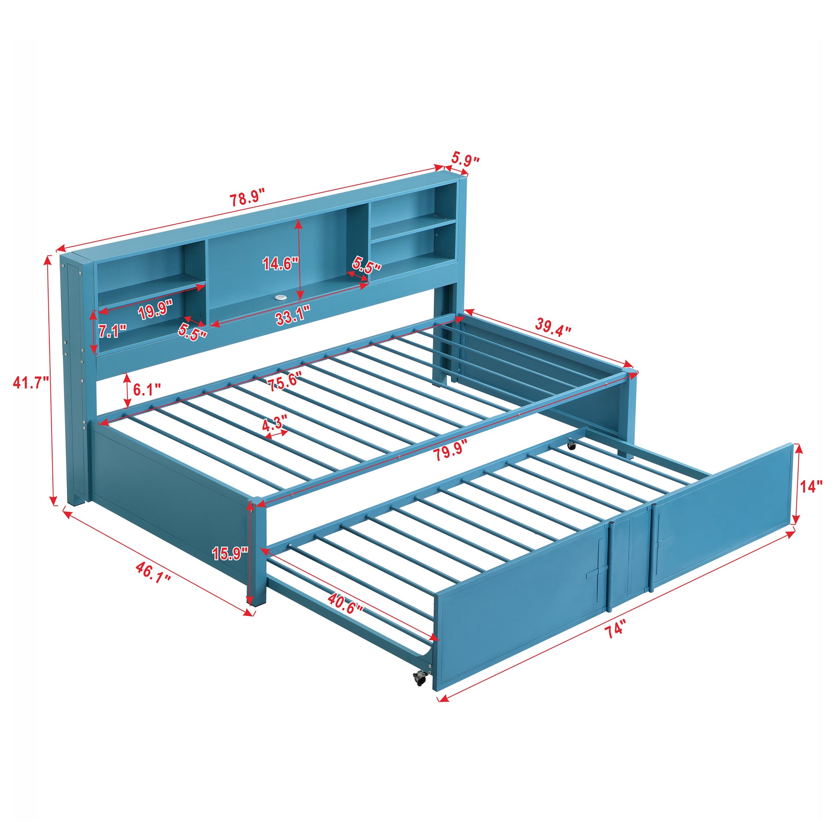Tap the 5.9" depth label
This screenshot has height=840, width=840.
(465, 159)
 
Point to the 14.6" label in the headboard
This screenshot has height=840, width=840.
(280, 263)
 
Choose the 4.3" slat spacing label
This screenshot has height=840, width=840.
(275, 421)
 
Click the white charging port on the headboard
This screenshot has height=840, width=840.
(278, 298)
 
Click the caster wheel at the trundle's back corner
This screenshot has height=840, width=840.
(571, 446)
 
